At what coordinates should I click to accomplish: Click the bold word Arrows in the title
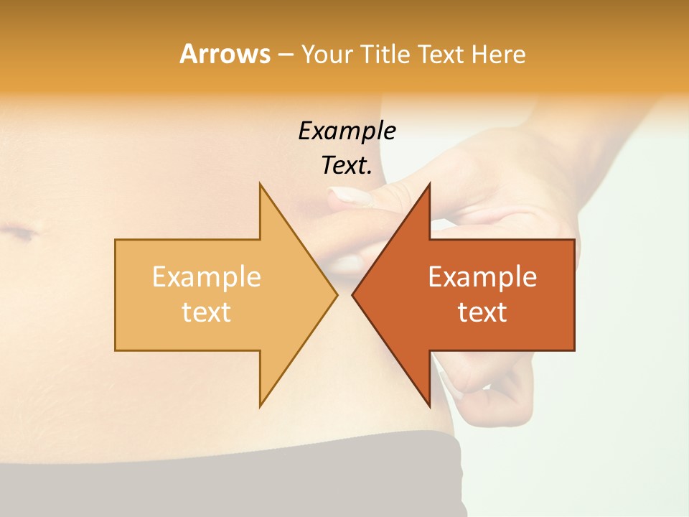coord(225,54)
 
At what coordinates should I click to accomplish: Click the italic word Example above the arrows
coord(347,131)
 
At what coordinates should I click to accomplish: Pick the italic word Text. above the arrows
coord(347,165)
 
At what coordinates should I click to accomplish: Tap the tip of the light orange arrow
coord(337,294)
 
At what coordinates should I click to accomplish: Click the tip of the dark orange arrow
coord(352,294)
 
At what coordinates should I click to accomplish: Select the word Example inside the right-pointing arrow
coord(207,276)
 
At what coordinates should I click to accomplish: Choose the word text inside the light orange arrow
coord(207,312)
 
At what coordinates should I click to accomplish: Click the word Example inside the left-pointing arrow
coord(482,276)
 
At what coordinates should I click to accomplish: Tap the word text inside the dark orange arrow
coord(482,312)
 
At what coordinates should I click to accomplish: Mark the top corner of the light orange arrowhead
coord(260,184)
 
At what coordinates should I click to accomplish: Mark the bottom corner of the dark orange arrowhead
coord(429,406)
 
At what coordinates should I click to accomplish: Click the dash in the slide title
coord(285,55)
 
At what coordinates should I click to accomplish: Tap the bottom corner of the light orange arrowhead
coord(260,406)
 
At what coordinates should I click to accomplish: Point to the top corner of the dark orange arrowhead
coord(429,184)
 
